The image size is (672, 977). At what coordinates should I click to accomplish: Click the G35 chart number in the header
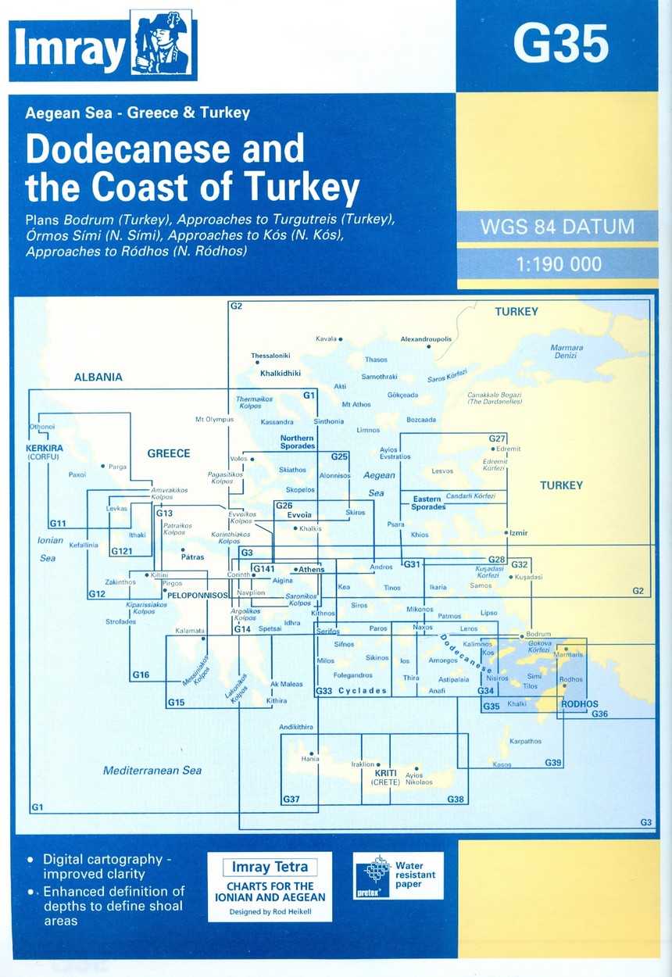click(560, 45)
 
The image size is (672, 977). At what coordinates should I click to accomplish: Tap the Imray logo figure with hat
click(160, 45)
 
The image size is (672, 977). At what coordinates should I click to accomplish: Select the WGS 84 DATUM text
click(557, 228)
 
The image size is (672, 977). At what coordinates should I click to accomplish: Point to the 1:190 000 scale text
click(558, 265)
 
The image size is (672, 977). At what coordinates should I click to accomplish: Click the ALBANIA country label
click(98, 377)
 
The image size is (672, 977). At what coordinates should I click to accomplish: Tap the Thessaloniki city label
click(270, 356)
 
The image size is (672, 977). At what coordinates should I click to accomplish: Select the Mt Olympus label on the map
click(214, 420)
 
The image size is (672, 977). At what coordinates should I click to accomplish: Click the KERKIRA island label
click(38, 449)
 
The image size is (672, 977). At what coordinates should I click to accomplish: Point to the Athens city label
click(310, 569)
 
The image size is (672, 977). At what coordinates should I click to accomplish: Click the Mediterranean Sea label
click(152, 771)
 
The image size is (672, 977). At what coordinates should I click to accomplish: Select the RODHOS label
click(580, 704)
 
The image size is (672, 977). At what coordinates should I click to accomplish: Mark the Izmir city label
click(518, 533)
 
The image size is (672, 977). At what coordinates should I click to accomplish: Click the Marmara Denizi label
click(563, 351)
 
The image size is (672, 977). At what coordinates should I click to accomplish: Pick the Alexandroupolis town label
click(426, 339)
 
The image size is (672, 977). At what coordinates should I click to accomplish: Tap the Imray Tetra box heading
click(270, 867)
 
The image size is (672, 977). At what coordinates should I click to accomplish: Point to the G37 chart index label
click(291, 799)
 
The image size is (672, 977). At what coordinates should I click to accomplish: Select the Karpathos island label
click(525, 740)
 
